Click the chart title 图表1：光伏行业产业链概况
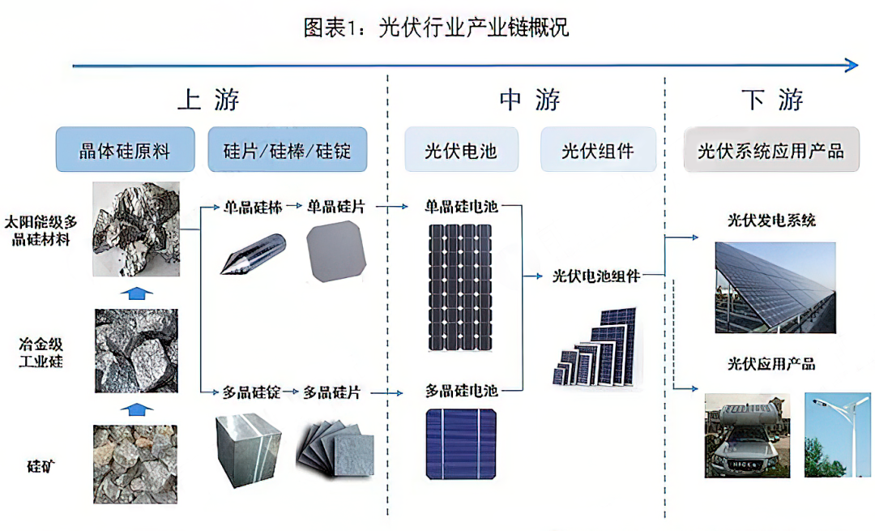pos(436,28)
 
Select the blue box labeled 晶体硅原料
pos(125,150)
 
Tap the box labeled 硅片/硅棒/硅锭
pos(288,150)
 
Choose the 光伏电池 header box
pos(461,150)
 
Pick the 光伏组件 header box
pos(598,150)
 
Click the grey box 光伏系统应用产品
pos(771,150)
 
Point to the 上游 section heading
pos(208,100)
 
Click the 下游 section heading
pos(772,100)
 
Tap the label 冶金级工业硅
pos(41,353)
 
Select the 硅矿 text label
pos(41,466)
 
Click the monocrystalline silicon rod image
pos(254,254)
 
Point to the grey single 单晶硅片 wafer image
pos(336,251)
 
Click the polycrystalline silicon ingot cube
pos(248,450)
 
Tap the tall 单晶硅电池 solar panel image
pos(460,287)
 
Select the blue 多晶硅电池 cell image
pos(461,444)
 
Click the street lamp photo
pos(837,435)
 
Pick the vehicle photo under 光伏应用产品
pos(747,435)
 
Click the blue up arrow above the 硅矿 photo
pos(137,409)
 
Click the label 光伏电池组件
pos(596,276)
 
